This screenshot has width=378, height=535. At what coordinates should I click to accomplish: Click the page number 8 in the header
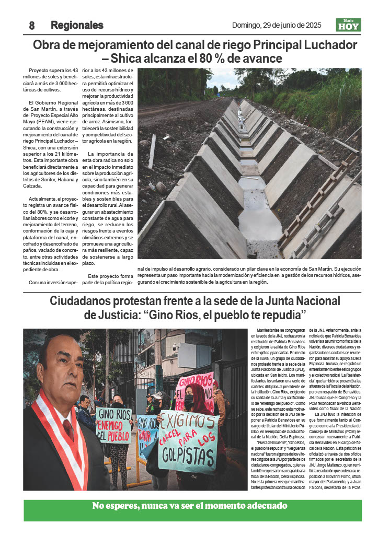click(31, 25)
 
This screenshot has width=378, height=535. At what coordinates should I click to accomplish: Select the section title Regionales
click(77, 25)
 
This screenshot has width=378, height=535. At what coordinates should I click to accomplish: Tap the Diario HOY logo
click(348, 25)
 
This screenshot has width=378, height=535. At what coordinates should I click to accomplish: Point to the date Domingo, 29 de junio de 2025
click(277, 25)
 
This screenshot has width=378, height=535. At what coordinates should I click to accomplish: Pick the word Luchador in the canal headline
click(330, 44)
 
